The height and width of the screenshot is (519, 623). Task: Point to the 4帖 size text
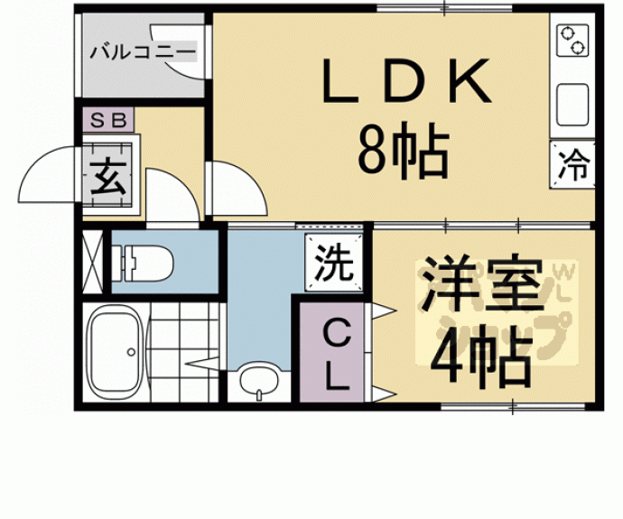pos(478,358)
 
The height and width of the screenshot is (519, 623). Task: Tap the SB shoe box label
pos(107,119)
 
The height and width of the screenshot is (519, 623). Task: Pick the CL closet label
pos(335,356)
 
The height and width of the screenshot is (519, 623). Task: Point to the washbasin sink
pos(259,382)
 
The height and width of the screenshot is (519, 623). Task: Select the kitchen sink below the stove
pos(572,105)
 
